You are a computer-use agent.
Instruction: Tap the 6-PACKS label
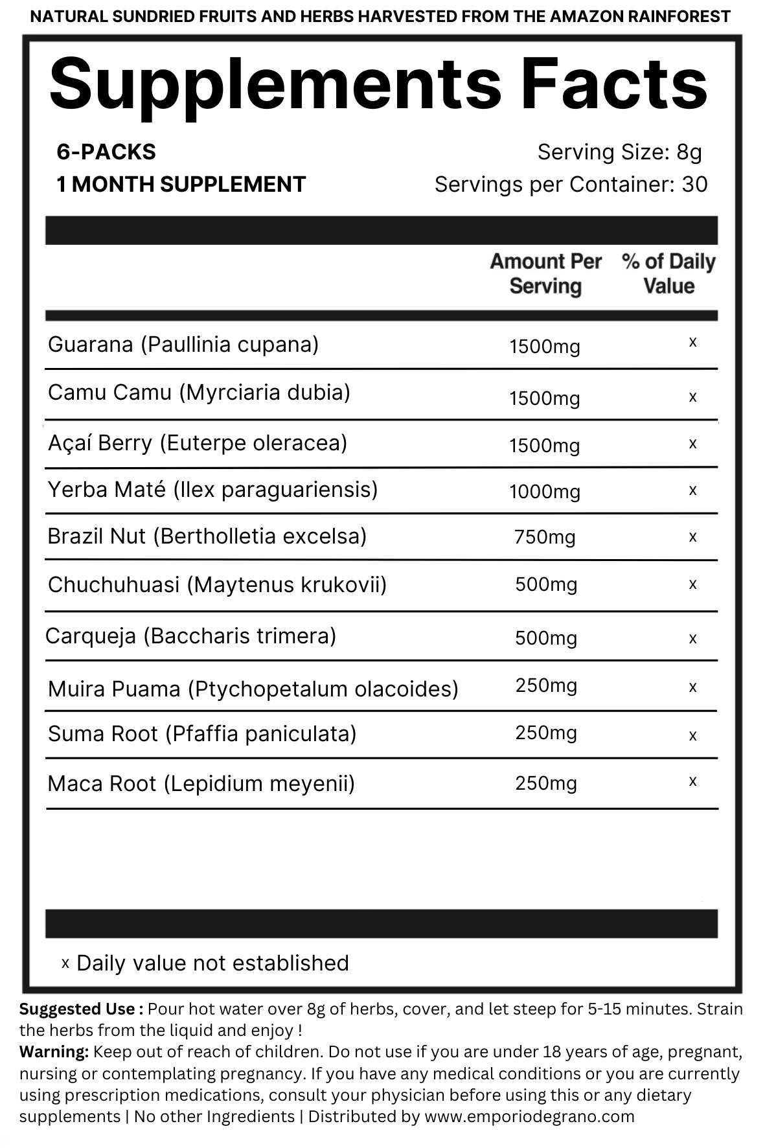(x=106, y=152)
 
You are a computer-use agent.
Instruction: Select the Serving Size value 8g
(x=689, y=152)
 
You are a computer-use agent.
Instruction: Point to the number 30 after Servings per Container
(x=694, y=185)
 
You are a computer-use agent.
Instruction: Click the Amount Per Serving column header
(x=545, y=273)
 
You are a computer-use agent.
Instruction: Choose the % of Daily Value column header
(x=668, y=273)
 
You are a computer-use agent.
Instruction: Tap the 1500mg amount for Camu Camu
(x=544, y=398)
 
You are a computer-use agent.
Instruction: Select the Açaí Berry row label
(x=198, y=443)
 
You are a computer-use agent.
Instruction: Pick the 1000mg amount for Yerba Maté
(x=544, y=492)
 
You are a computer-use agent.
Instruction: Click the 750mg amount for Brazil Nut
(x=544, y=537)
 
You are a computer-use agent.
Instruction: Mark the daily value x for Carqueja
(x=692, y=638)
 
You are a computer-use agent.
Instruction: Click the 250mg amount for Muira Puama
(x=545, y=685)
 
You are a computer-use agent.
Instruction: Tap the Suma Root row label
(x=202, y=734)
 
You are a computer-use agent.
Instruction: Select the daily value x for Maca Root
(x=692, y=781)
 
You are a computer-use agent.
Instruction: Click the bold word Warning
(x=54, y=1051)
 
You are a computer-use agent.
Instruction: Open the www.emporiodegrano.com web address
(x=529, y=1116)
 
